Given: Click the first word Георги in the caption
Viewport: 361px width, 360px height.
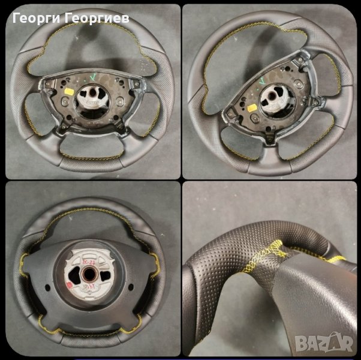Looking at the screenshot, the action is click(x=37, y=18).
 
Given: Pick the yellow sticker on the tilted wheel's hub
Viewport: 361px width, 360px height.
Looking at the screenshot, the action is click(x=252, y=107).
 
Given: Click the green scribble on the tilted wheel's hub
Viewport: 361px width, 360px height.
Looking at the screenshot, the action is click(x=262, y=80).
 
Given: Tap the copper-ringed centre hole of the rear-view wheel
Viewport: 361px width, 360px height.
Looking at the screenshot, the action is click(x=89, y=275).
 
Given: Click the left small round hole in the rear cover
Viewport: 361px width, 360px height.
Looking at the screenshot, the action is click(x=47, y=287).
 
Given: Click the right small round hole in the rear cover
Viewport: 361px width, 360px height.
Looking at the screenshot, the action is click(x=131, y=287).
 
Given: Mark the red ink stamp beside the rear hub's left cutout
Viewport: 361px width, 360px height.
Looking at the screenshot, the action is click(x=68, y=285).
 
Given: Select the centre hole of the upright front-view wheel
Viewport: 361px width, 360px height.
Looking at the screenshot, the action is click(x=92, y=92).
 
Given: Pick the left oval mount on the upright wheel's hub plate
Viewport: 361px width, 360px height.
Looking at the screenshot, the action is click(x=65, y=100).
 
